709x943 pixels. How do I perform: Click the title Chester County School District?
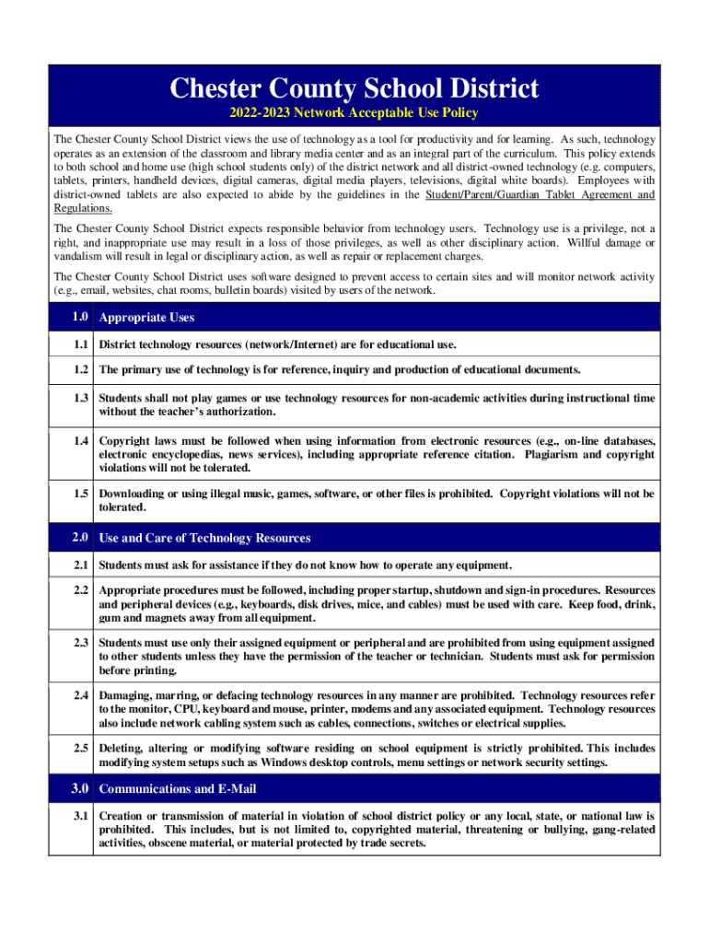[x=354, y=89]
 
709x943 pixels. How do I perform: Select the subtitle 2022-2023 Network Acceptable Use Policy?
[x=354, y=114]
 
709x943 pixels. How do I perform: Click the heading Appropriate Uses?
[x=146, y=318]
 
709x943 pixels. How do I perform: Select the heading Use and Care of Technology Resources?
[x=204, y=538]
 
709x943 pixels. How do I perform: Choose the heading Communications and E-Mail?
[x=178, y=789]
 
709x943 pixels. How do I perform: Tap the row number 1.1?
[x=79, y=344]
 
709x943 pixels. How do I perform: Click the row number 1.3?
[x=79, y=398]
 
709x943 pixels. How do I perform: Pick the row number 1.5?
[x=79, y=494]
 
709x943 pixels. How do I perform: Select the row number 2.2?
[x=79, y=589]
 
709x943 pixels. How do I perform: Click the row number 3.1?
[x=79, y=816]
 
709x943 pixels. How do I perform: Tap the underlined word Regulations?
[x=83, y=208]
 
